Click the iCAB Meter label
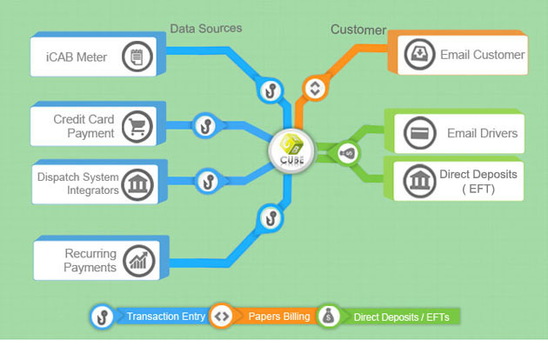click(x=76, y=57)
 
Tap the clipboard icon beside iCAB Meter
click(x=137, y=57)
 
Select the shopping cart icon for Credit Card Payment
click(x=137, y=127)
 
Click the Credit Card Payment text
click(x=84, y=127)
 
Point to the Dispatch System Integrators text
click(x=77, y=183)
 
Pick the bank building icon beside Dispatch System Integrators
click(x=137, y=183)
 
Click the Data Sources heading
click(x=205, y=28)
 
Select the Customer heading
click(x=358, y=30)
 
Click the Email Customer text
click(x=482, y=55)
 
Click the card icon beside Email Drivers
click(x=419, y=134)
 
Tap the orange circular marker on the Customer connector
click(x=315, y=88)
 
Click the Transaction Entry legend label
click(x=166, y=317)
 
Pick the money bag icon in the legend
click(x=328, y=317)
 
